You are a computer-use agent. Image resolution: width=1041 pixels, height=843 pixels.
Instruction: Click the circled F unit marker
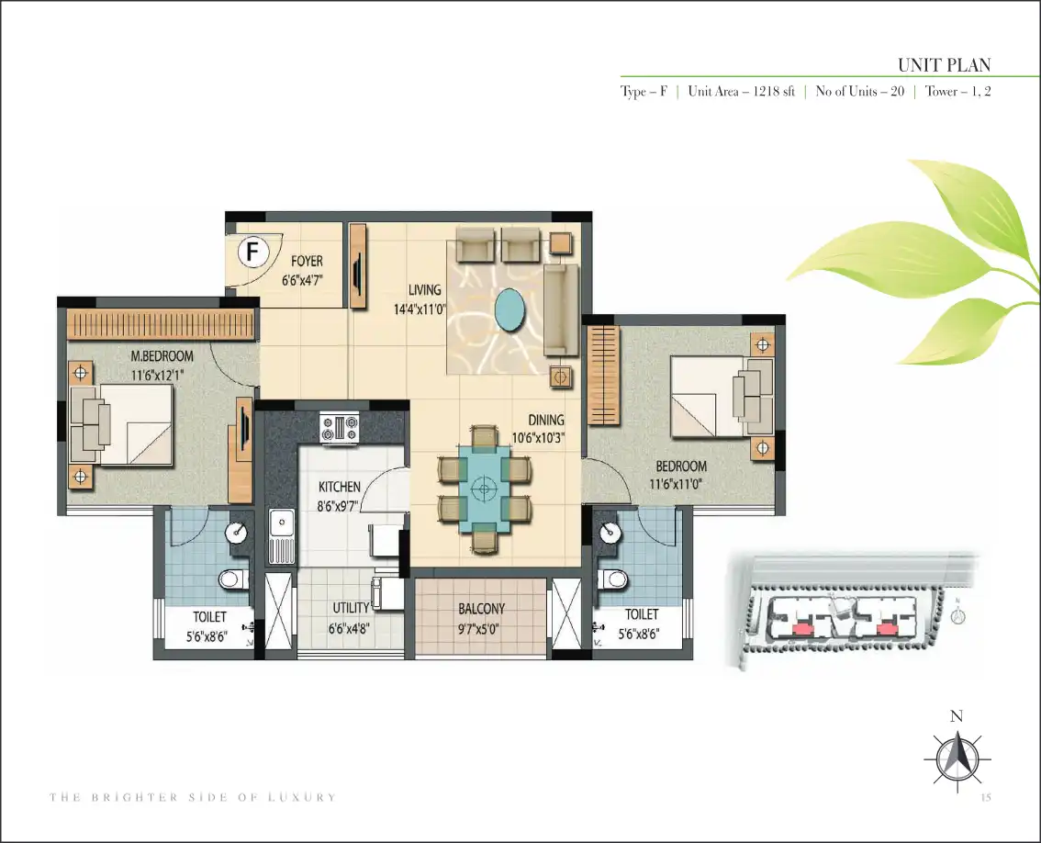(x=252, y=252)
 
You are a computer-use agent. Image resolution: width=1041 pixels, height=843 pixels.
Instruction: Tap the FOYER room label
(x=307, y=261)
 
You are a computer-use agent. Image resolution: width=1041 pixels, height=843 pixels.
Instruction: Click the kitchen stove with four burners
(x=340, y=428)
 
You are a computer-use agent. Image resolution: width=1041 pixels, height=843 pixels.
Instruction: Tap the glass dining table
(x=485, y=489)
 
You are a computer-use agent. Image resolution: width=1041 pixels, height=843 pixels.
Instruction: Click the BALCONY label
(x=481, y=609)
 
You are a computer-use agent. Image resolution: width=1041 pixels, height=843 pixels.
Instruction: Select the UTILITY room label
(x=351, y=608)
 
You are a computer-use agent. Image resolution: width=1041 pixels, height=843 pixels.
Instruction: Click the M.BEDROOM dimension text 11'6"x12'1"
(x=158, y=376)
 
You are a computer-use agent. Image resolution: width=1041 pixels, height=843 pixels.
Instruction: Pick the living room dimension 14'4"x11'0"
(x=420, y=309)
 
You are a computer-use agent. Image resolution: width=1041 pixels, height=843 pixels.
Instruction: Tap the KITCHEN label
(x=340, y=487)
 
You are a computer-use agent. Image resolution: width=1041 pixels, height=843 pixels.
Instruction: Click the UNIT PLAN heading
(x=944, y=65)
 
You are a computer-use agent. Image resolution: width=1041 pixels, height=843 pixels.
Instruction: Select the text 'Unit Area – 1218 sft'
(x=741, y=92)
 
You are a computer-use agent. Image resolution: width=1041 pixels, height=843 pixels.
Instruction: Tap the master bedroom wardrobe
(x=161, y=325)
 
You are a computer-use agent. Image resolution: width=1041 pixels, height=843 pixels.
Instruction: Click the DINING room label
(x=545, y=420)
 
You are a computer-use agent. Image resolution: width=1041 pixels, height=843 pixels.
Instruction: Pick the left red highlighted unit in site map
(x=802, y=628)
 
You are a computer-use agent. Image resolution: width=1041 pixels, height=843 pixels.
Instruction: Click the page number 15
(x=985, y=797)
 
